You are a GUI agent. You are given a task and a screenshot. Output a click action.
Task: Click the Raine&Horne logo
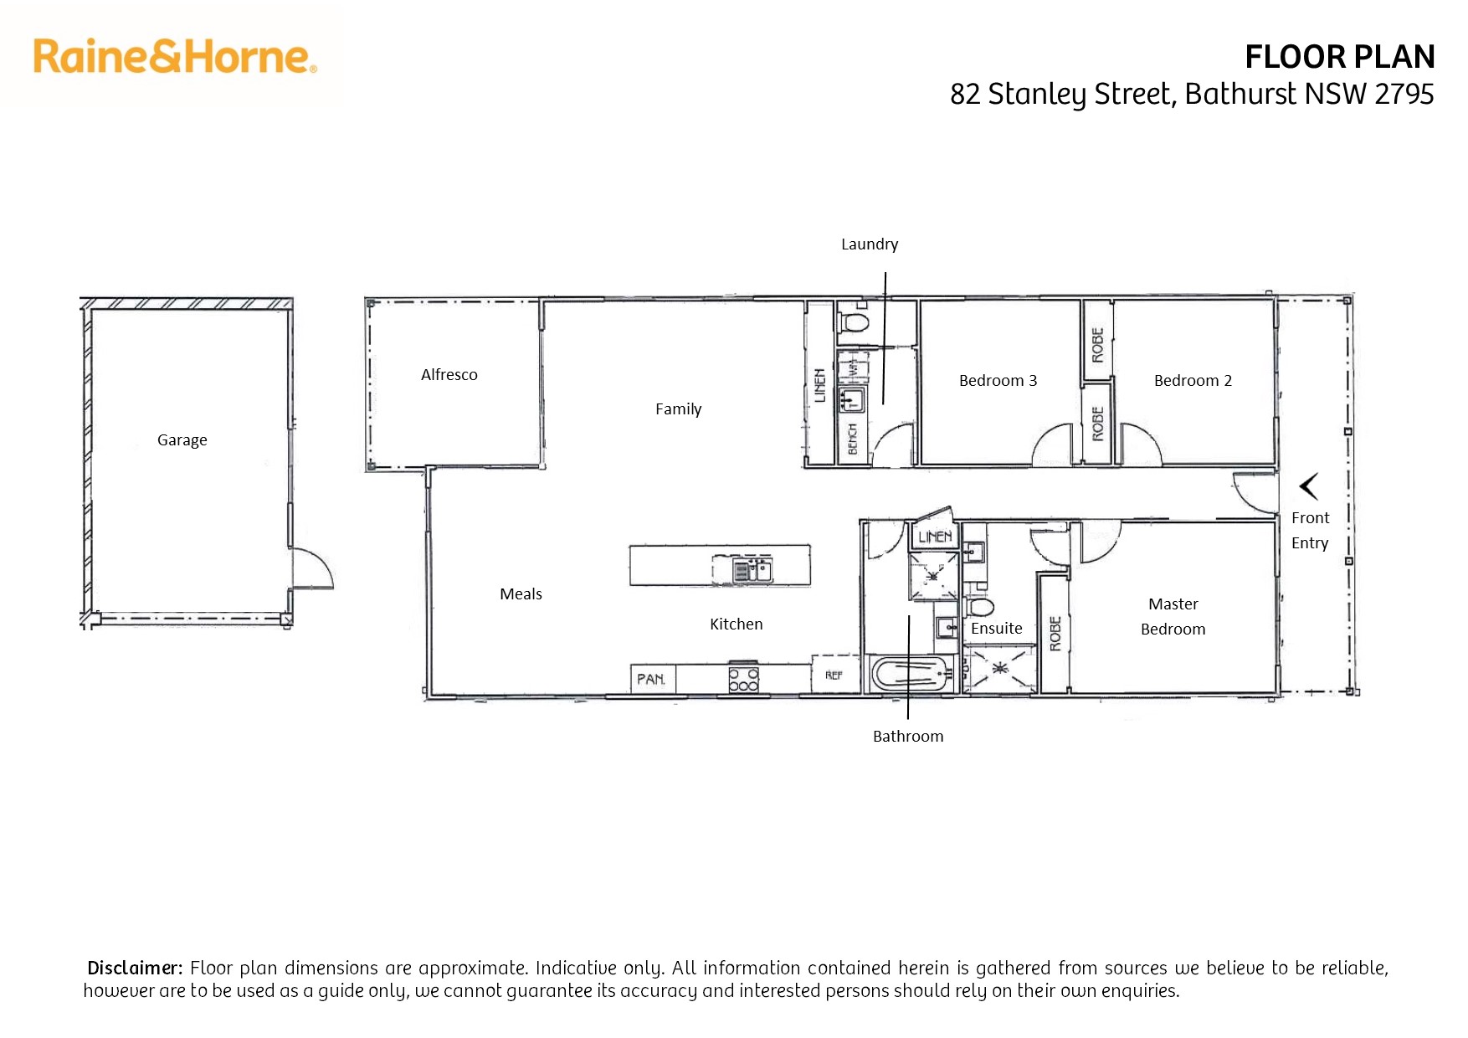pos(175,56)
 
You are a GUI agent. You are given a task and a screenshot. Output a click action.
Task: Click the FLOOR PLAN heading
pos(1339,57)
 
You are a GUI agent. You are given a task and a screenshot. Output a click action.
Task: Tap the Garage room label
pos(182,440)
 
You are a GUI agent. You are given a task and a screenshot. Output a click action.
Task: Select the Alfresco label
pos(449,374)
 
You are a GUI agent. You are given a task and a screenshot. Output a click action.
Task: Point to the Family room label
pos(679,409)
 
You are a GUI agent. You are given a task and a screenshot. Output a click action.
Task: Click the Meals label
pos(521,594)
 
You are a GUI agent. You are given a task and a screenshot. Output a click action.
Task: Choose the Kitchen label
pos(737,624)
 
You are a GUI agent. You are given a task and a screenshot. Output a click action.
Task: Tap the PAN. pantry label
pos(651,679)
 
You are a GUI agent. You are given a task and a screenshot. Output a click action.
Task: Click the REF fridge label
pos(834,675)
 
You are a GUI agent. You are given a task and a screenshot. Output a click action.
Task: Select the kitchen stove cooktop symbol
pos(743,678)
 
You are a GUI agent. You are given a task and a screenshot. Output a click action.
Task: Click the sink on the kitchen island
pos(752,572)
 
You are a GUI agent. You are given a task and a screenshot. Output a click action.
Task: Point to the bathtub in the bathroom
pos(911,673)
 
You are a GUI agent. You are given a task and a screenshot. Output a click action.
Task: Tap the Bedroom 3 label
pos(998,380)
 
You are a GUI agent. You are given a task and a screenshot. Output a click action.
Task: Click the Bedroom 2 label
pos(1193,380)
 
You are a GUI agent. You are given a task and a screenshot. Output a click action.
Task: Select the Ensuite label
pos(997,628)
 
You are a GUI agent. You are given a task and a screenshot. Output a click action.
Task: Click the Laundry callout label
pos(870,244)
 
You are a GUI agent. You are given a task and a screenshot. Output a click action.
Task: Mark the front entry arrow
pos(1309,486)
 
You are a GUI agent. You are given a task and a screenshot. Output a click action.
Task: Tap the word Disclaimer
pos(135,968)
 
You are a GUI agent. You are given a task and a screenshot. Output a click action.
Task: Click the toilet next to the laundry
pos(855,321)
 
